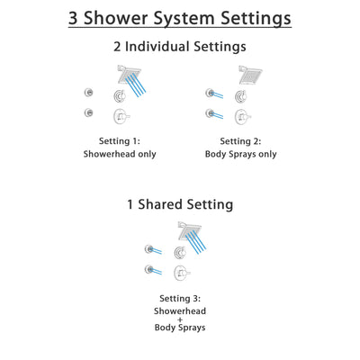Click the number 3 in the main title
click(76, 18)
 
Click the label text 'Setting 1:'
click(121, 140)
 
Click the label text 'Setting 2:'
click(241, 140)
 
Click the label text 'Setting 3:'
click(181, 297)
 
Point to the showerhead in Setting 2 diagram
click(249, 73)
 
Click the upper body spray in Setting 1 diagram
click(88, 93)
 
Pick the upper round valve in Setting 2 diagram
click(241, 95)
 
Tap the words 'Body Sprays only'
click(241, 154)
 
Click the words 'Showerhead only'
click(121, 154)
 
